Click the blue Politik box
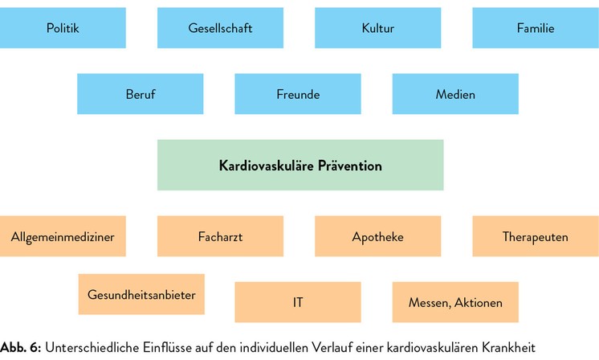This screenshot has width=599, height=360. point(63,28)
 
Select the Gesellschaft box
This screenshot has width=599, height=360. point(221,28)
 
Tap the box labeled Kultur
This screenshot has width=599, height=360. point(378,28)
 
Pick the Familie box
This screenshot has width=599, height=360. point(536,28)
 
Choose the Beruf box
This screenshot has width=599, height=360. point(141,94)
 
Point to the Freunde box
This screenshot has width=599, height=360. point(298,94)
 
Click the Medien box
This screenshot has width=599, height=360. point(455,94)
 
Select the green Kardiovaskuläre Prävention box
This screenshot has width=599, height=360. point(300,165)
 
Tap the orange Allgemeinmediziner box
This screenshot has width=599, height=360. point(63,236)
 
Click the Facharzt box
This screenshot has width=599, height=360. point(221,236)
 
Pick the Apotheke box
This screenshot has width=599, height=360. point(378,236)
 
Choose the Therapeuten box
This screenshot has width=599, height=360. point(536,236)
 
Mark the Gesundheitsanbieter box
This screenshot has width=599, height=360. point(141,294)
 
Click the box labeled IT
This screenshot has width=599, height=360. point(298,302)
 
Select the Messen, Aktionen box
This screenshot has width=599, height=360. point(455,302)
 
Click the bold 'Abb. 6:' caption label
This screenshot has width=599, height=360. point(21,348)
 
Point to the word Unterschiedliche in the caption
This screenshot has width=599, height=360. point(92,348)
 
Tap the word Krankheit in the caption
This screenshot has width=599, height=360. point(508,348)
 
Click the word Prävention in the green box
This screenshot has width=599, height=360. point(350,166)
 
